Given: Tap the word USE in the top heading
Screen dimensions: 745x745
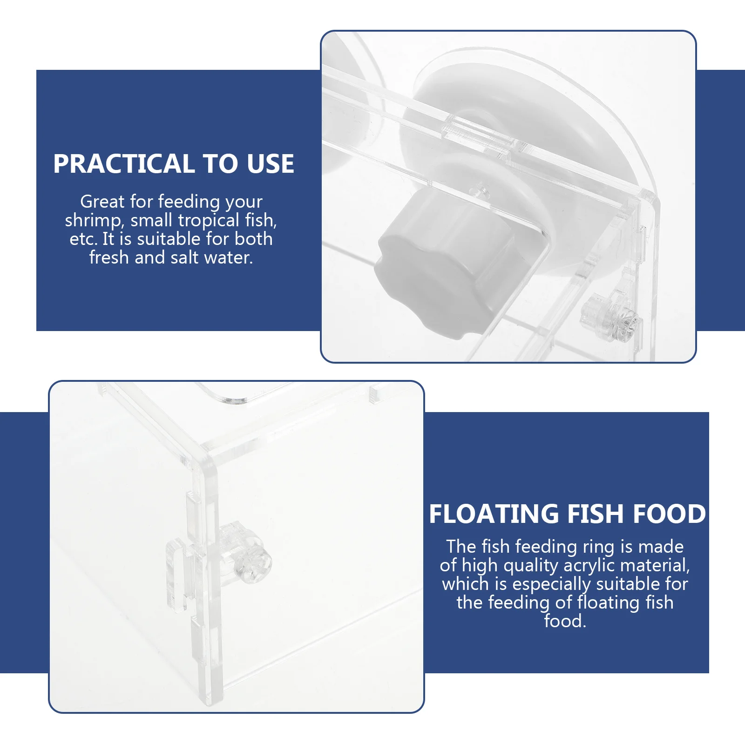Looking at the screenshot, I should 271,164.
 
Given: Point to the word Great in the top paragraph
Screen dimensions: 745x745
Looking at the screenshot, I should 102,202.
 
